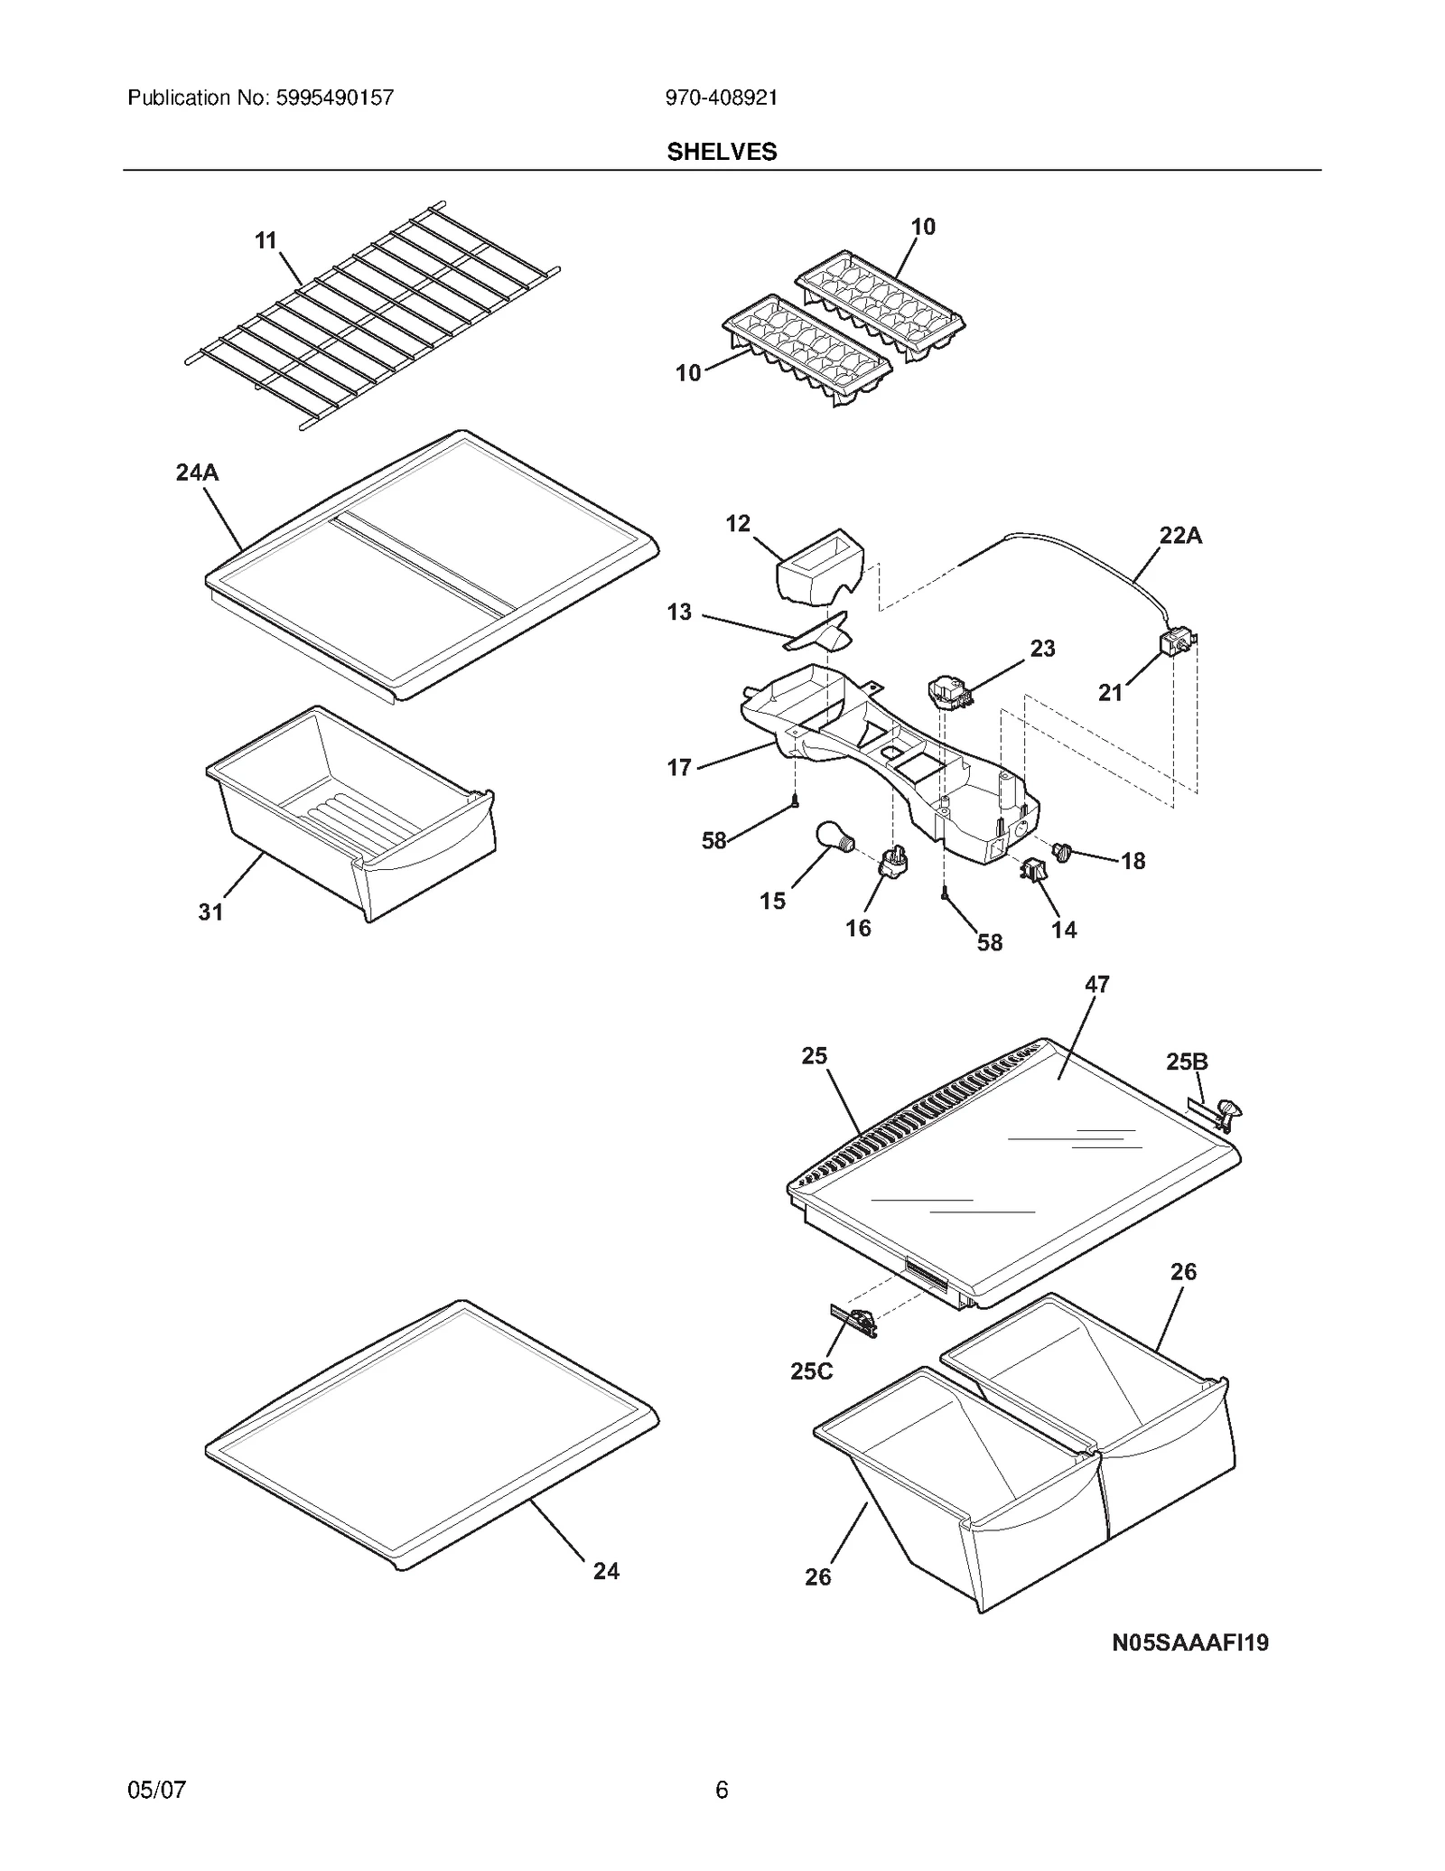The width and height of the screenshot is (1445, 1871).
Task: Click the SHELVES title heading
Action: point(722,152)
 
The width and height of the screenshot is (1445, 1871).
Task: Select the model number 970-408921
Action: point(722,98)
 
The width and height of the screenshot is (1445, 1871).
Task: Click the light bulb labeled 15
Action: point(833,836)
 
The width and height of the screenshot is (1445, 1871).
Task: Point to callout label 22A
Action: point(1180,536)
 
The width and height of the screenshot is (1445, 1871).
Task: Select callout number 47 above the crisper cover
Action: point(1096,985)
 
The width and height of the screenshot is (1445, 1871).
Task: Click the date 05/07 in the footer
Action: point(157,1789)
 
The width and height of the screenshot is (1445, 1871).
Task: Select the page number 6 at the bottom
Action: point(722,1789)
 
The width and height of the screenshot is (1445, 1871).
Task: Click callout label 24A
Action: point(197,472)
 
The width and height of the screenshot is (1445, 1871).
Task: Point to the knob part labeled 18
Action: point(1062,851)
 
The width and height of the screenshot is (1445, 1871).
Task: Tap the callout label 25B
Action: point(1186,1062)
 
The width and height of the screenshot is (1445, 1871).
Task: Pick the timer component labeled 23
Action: point(948,692)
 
